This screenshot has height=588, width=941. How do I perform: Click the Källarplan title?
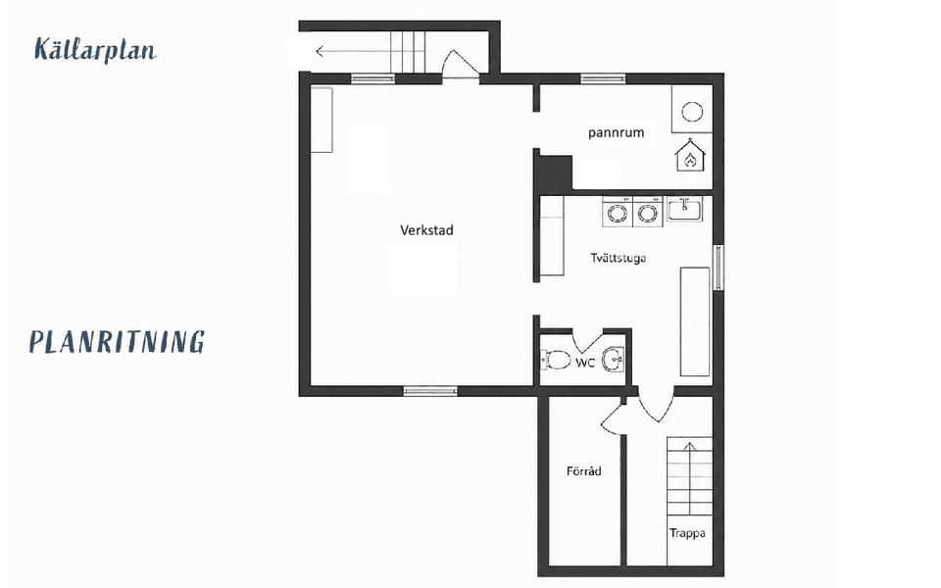point(95,50)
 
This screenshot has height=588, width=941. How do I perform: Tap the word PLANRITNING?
point(117,341)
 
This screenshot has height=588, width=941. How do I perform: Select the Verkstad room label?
point(426,230)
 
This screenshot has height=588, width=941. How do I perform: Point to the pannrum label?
point(616,132)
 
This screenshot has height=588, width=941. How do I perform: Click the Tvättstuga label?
point(619,258)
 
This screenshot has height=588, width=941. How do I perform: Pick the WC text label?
point(585,363)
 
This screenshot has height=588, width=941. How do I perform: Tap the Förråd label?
point(584,471)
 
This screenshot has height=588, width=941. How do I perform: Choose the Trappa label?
point(687,533)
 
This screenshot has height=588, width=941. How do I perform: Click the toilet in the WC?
point(556,360)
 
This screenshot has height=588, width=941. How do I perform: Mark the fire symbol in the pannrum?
point(690,156)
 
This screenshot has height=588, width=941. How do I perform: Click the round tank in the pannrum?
point(693,112)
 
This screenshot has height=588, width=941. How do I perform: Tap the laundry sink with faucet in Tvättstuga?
point(684,210)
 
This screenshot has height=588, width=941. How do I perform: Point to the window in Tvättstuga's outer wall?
point(718,268)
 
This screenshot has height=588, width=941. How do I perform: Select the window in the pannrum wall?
point(603,78)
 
